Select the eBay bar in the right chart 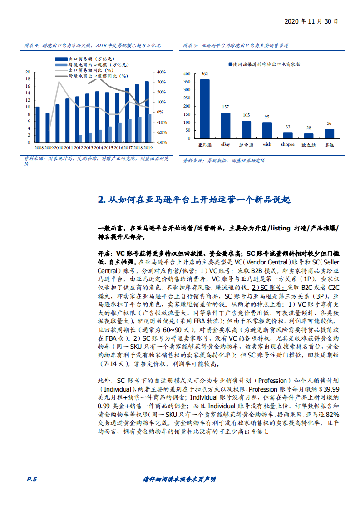pyautogui.click(x=226, y=125)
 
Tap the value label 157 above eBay pyautogui.click(x=226, y=107)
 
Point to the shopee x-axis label pyautogui.click(x=287, y=145)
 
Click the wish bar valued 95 pyautogui.click(x=267, y=130)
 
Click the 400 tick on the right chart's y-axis pyautogui.click(x=187, y=73)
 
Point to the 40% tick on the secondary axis pyautogui.click(x=162, y=72)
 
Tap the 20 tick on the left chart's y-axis pyautogui.click(x=28, y=72)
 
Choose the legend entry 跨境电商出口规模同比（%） pyautogui.click(x=98, y=76)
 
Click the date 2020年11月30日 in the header pyautogui.click(x=311, y=21)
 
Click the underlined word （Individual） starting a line pyautogui.click(x=116, y=389)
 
